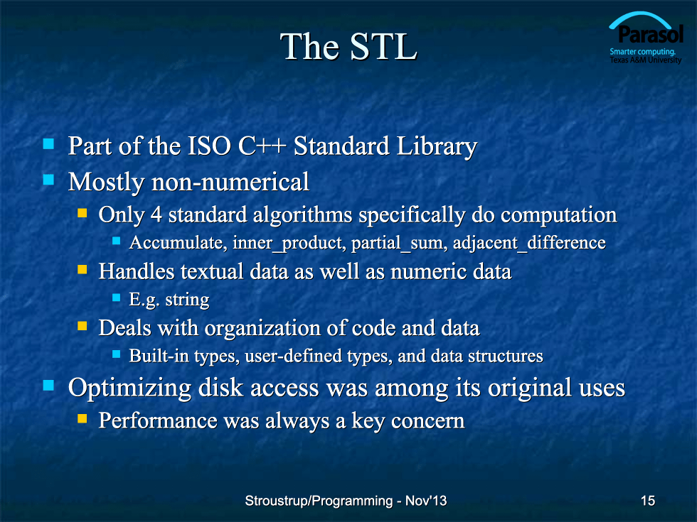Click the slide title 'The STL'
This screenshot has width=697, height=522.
[348, 46]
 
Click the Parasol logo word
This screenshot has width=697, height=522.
[650, 34]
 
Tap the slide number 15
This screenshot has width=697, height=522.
[648, 501]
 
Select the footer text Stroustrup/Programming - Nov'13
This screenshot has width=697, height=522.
[346, 501]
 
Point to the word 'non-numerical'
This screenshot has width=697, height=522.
[230, 182]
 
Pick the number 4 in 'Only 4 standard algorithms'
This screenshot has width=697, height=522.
[156, 214]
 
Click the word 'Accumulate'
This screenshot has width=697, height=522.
[178, 243]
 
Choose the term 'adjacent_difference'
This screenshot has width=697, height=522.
[529, 243]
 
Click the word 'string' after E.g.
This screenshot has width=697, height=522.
[187, 300]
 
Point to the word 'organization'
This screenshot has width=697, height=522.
[262, 328]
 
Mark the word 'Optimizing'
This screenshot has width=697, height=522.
[129, 388]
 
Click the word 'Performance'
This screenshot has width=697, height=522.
[158, 420]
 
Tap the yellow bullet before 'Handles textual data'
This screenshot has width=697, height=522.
[83, 269]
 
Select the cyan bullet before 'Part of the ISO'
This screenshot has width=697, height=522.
[48, 143]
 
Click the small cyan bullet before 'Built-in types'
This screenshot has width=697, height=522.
[117, 354]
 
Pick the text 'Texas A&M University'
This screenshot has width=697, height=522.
[646, 60]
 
